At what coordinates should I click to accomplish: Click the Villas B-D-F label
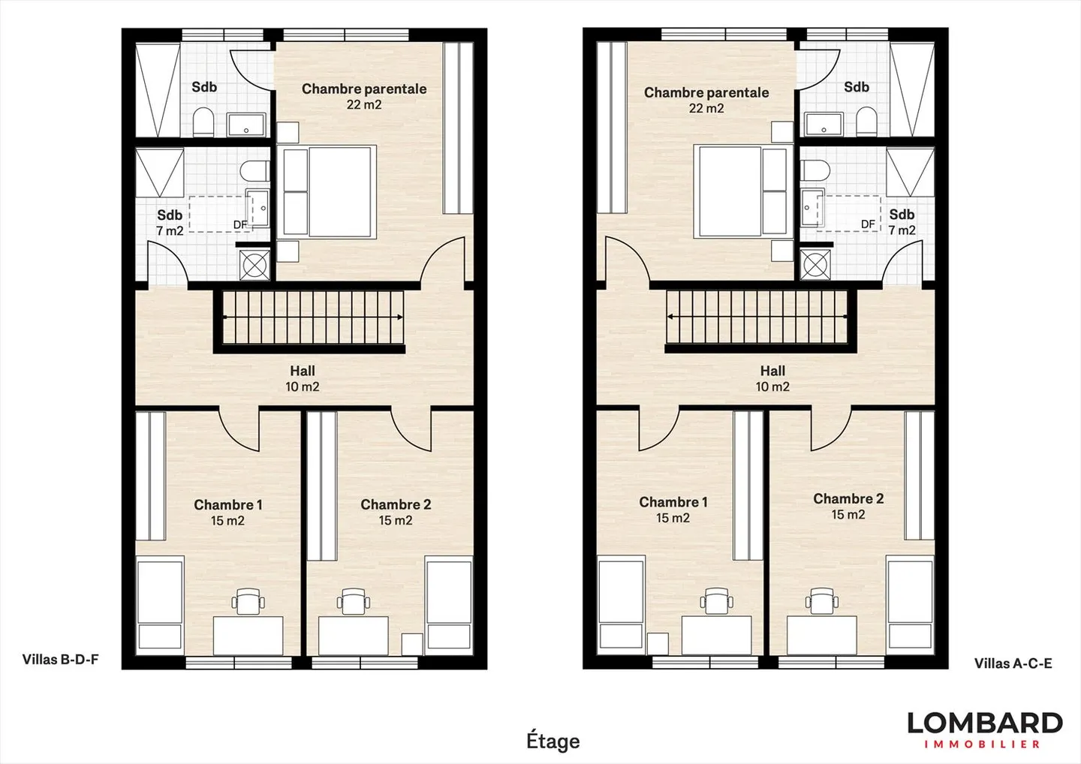point(60,660)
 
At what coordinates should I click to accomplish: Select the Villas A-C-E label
point(1013,663)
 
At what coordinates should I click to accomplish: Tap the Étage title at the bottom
point(553,741)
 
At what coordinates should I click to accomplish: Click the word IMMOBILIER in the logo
point(982,744)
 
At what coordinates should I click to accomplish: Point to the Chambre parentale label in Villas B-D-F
point(363,89)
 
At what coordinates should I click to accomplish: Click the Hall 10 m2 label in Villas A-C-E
point(772,378)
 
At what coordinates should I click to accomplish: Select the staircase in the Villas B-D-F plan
point(312,317)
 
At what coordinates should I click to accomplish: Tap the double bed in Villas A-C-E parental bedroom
point(742,192)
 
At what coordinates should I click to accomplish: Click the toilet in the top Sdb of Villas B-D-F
point(204,122)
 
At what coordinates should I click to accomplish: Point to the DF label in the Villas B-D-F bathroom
point(240,224)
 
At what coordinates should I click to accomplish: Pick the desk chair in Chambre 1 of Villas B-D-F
point(248,601)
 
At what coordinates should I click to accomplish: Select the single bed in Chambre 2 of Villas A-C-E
point(910,603)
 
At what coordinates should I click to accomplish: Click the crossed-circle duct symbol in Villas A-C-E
point(815,263)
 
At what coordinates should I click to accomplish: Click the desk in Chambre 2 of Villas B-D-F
point(354,635)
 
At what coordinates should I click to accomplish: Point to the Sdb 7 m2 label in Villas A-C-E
point(902,222)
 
